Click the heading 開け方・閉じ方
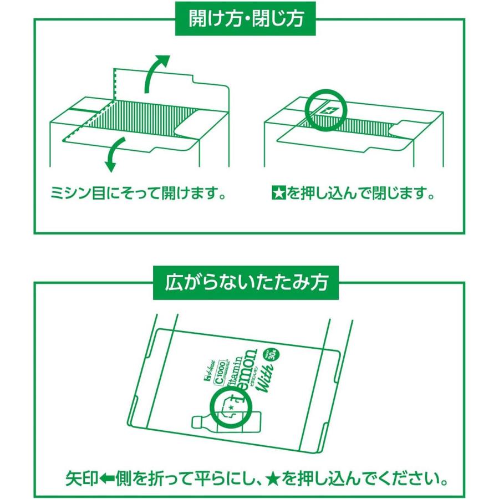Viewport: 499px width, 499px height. (247, 18)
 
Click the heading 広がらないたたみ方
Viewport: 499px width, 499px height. (246, 282)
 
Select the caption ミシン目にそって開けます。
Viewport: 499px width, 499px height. (140, 195)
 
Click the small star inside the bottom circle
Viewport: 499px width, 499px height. (230, 408)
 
